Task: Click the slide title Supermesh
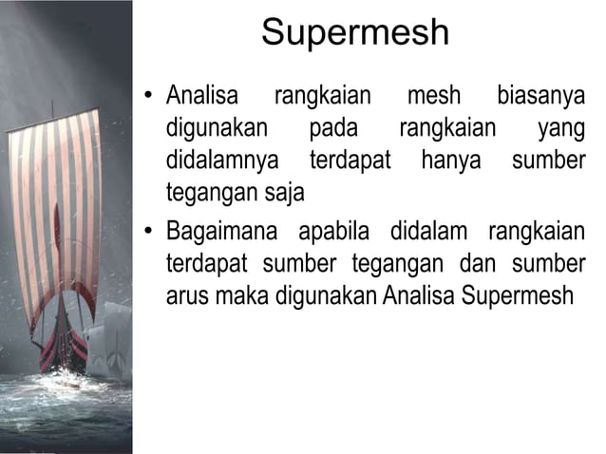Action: pos(354,33)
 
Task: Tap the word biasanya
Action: pos(540,97)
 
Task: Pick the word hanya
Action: pos(451,161)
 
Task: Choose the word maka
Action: pos(243,295)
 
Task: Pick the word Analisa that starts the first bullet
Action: pos(202,97)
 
